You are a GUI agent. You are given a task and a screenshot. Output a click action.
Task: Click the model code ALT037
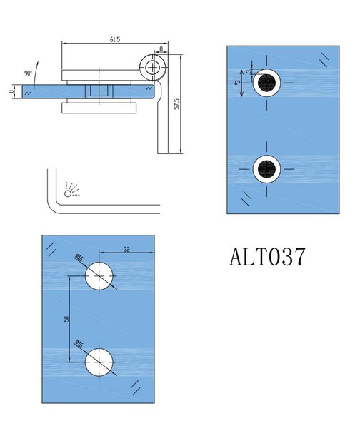click(268, 255)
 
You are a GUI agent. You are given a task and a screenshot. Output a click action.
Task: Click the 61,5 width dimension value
click(114, 40)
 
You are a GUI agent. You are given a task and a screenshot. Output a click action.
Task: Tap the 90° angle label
click(29, 73)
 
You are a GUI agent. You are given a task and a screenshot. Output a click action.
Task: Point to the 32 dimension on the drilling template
click(126, 249)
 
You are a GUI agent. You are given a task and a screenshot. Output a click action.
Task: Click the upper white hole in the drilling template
click(99, 277)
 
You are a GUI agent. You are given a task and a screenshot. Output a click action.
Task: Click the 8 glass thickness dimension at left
click(11, 91)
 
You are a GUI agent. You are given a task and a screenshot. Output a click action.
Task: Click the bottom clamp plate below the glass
click(100, 108)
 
